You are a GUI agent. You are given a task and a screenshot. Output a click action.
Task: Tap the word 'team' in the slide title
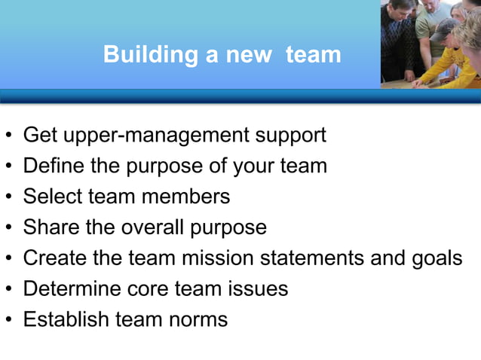pyautogui.click(x=314, y=54)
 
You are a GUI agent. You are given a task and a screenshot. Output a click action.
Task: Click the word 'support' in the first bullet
pyautogui.click(x=291, y=136)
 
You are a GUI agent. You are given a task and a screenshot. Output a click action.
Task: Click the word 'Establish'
pyautogui.click(x=66, y=319)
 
